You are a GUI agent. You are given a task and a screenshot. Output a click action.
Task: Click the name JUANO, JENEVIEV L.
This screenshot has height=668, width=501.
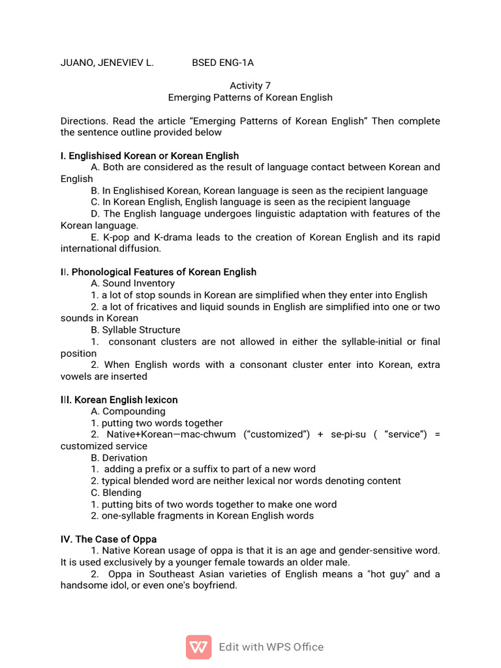click(107, 63)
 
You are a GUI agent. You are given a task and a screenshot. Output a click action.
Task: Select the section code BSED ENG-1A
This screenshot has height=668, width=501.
click(222, 63)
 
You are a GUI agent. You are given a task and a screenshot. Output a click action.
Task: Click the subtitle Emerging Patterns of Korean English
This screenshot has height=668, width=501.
click(250, 97)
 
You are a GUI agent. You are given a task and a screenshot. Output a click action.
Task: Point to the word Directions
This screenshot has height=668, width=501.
click(83, 121)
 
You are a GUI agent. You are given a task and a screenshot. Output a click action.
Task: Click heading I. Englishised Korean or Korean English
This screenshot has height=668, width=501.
click(149, 156)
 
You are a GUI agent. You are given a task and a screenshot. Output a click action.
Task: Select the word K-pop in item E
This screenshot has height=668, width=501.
click(116, 237)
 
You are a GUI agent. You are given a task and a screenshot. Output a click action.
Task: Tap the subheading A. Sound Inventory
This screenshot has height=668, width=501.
click(133, 284)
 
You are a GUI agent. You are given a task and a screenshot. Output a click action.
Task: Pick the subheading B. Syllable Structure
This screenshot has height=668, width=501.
click(136, 330)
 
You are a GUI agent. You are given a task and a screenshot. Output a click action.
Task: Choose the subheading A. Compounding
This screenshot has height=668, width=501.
click(129, 412)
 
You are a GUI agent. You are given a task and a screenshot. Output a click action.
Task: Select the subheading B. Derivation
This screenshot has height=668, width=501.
click(119, 458)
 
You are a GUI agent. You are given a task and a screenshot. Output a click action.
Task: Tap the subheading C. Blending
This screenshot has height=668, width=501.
click(116, 493)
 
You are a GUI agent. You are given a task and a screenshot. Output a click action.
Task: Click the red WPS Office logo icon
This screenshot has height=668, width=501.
click(198, 647)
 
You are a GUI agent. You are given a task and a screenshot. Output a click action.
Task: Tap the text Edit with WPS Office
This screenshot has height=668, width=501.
click(271, 647)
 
